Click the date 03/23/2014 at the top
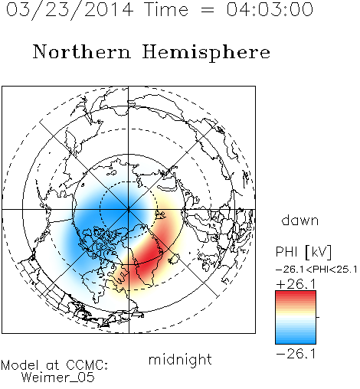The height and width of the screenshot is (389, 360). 70,10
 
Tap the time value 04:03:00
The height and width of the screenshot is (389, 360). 270,9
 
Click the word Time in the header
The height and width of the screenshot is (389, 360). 166,9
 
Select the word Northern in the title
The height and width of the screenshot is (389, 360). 82,51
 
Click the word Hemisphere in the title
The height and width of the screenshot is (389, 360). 206,53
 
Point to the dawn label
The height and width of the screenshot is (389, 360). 300,220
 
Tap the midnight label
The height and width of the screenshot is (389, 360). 180,359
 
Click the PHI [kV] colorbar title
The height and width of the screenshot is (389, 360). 303,252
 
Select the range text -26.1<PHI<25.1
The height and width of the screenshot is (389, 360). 316,270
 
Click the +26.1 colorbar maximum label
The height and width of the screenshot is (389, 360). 296,284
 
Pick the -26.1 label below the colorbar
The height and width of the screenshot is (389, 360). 296,354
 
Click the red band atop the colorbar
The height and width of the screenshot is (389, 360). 296,294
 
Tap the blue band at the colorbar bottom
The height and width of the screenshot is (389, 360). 296,340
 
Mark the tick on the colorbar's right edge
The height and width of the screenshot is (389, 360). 318,317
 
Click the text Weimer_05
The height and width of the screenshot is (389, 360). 58,378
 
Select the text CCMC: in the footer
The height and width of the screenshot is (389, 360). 87,365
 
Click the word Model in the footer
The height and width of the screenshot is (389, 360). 20,365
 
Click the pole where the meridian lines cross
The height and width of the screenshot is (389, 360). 129,209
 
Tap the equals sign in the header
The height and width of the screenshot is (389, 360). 208,10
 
